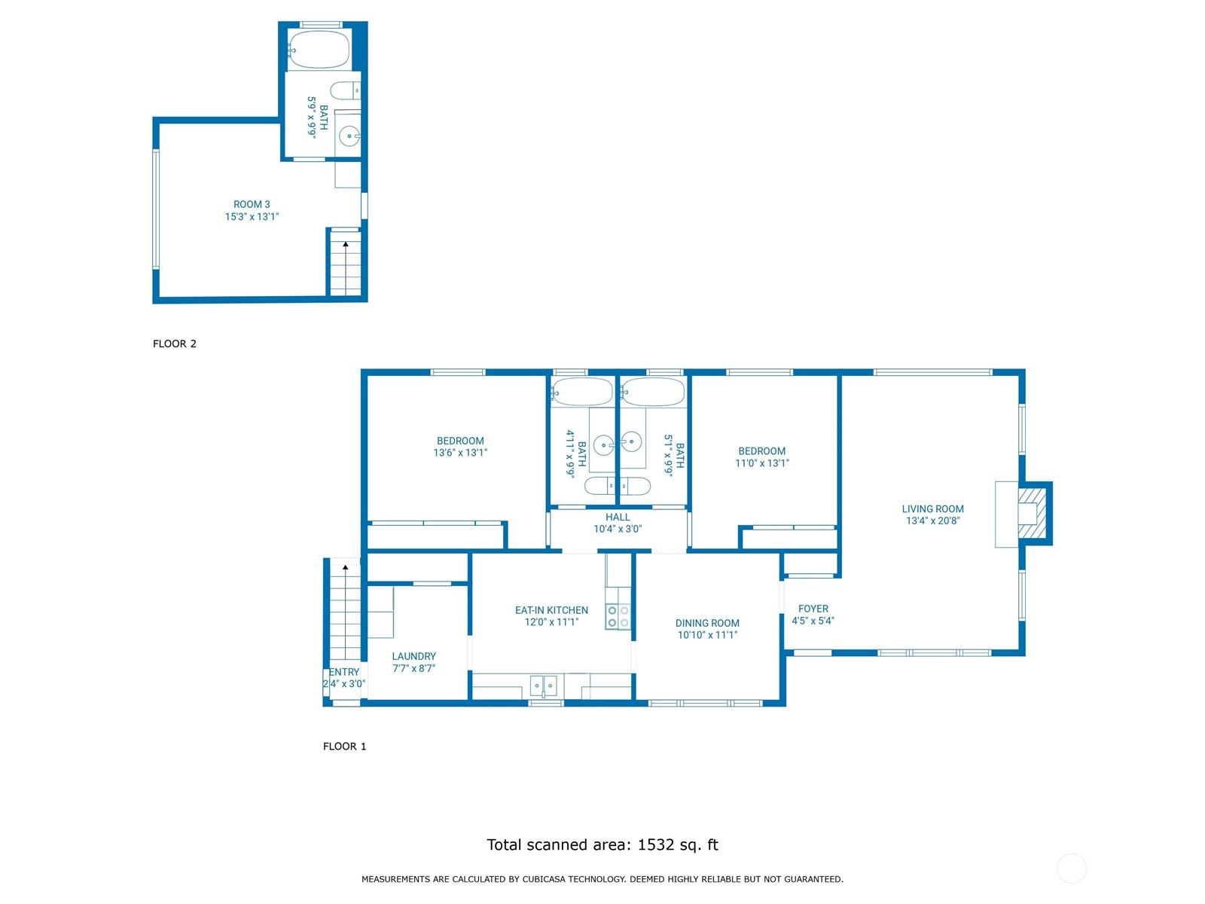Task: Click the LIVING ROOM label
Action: click(x=932, y=508)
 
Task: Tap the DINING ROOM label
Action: click(x=707, y=623)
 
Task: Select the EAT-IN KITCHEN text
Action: click(x=551, y=609)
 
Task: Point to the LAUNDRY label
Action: click(x=414, y=656)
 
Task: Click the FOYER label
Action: click(x=813, y=609)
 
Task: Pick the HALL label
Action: click(x=618, y=517)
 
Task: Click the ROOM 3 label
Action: click(x=252, y=204)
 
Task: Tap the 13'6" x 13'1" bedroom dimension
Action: click(x=460, y=453)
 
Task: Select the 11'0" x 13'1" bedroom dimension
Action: click(x=762, y=463)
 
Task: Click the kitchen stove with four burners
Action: click(x=618, y=616)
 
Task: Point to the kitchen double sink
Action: click(x=544, y=686)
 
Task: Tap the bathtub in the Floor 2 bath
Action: click(x=319, y=50)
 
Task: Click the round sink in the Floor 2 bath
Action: click(x=349, y=136)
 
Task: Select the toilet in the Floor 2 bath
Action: click(x=345, y=90)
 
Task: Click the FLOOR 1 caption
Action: click(x=344, y=746)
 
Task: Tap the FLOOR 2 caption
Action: click(x=175, y=344)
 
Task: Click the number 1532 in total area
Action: click(x=655, y=844)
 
